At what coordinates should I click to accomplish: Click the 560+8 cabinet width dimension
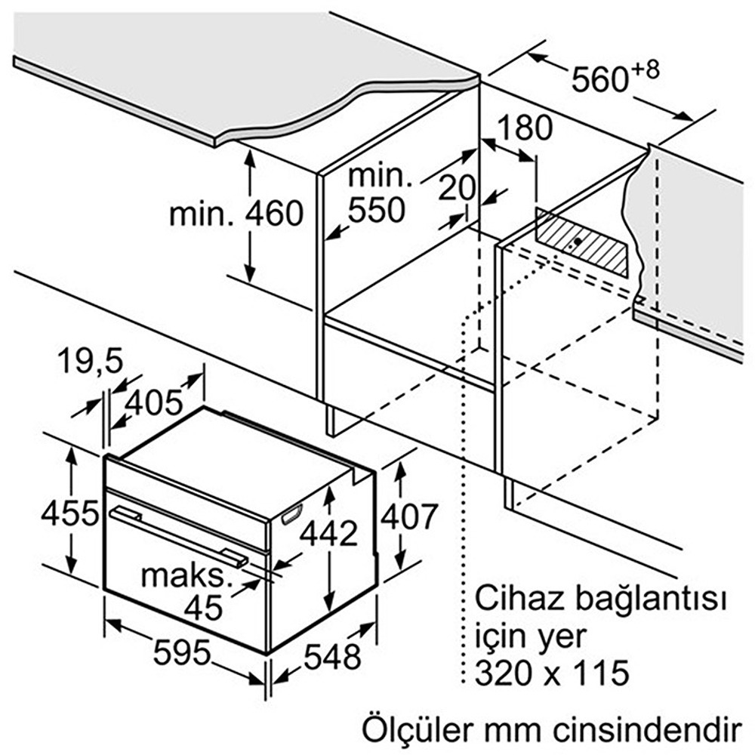615,76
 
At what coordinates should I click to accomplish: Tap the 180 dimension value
525,128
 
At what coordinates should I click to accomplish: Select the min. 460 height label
236,214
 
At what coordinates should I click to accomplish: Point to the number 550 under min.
377,210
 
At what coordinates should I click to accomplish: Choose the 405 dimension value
154,402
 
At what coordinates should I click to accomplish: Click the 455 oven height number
70,513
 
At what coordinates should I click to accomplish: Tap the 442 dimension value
329,533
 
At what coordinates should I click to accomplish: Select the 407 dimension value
409,516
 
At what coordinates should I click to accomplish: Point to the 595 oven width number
182,652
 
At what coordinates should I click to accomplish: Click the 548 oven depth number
332,656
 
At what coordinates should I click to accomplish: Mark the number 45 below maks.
204,608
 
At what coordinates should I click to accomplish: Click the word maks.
186,576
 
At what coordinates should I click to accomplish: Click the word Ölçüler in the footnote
418,730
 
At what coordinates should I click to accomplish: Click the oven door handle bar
179,536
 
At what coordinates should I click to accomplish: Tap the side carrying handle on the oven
291,513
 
